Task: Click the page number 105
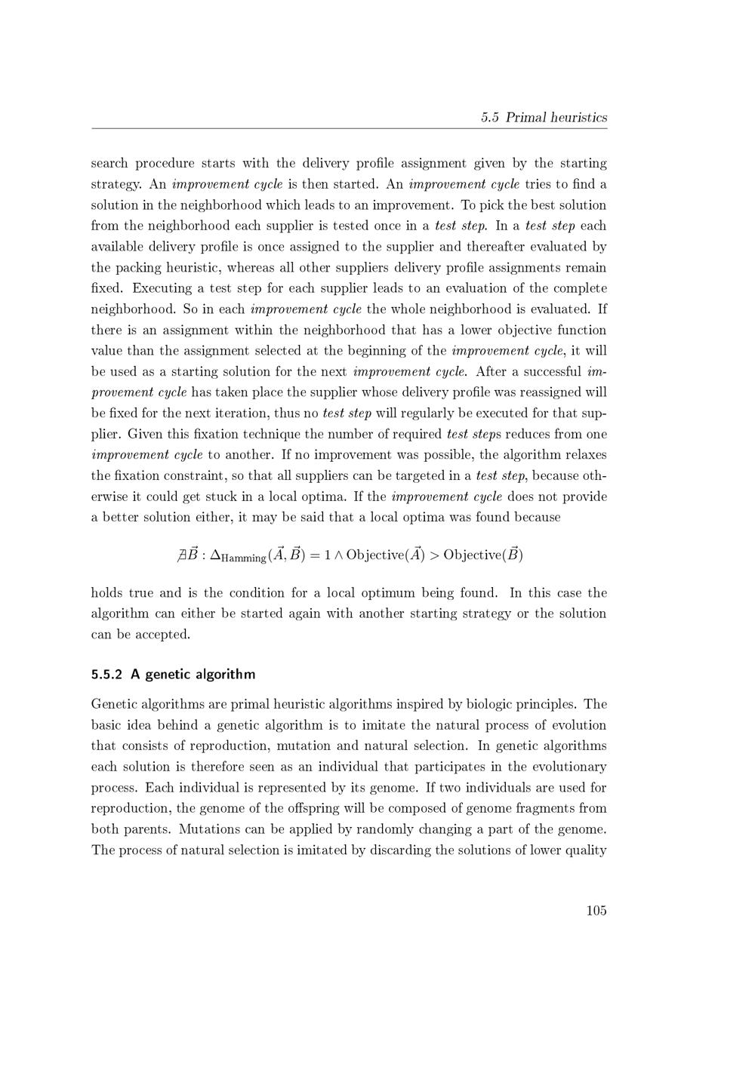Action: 596,910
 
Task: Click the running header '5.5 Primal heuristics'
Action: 544,117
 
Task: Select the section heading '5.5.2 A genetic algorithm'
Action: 173,674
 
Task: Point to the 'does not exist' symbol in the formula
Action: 182,555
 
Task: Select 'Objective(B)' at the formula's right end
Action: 483,555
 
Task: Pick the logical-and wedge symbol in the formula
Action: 338,555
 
